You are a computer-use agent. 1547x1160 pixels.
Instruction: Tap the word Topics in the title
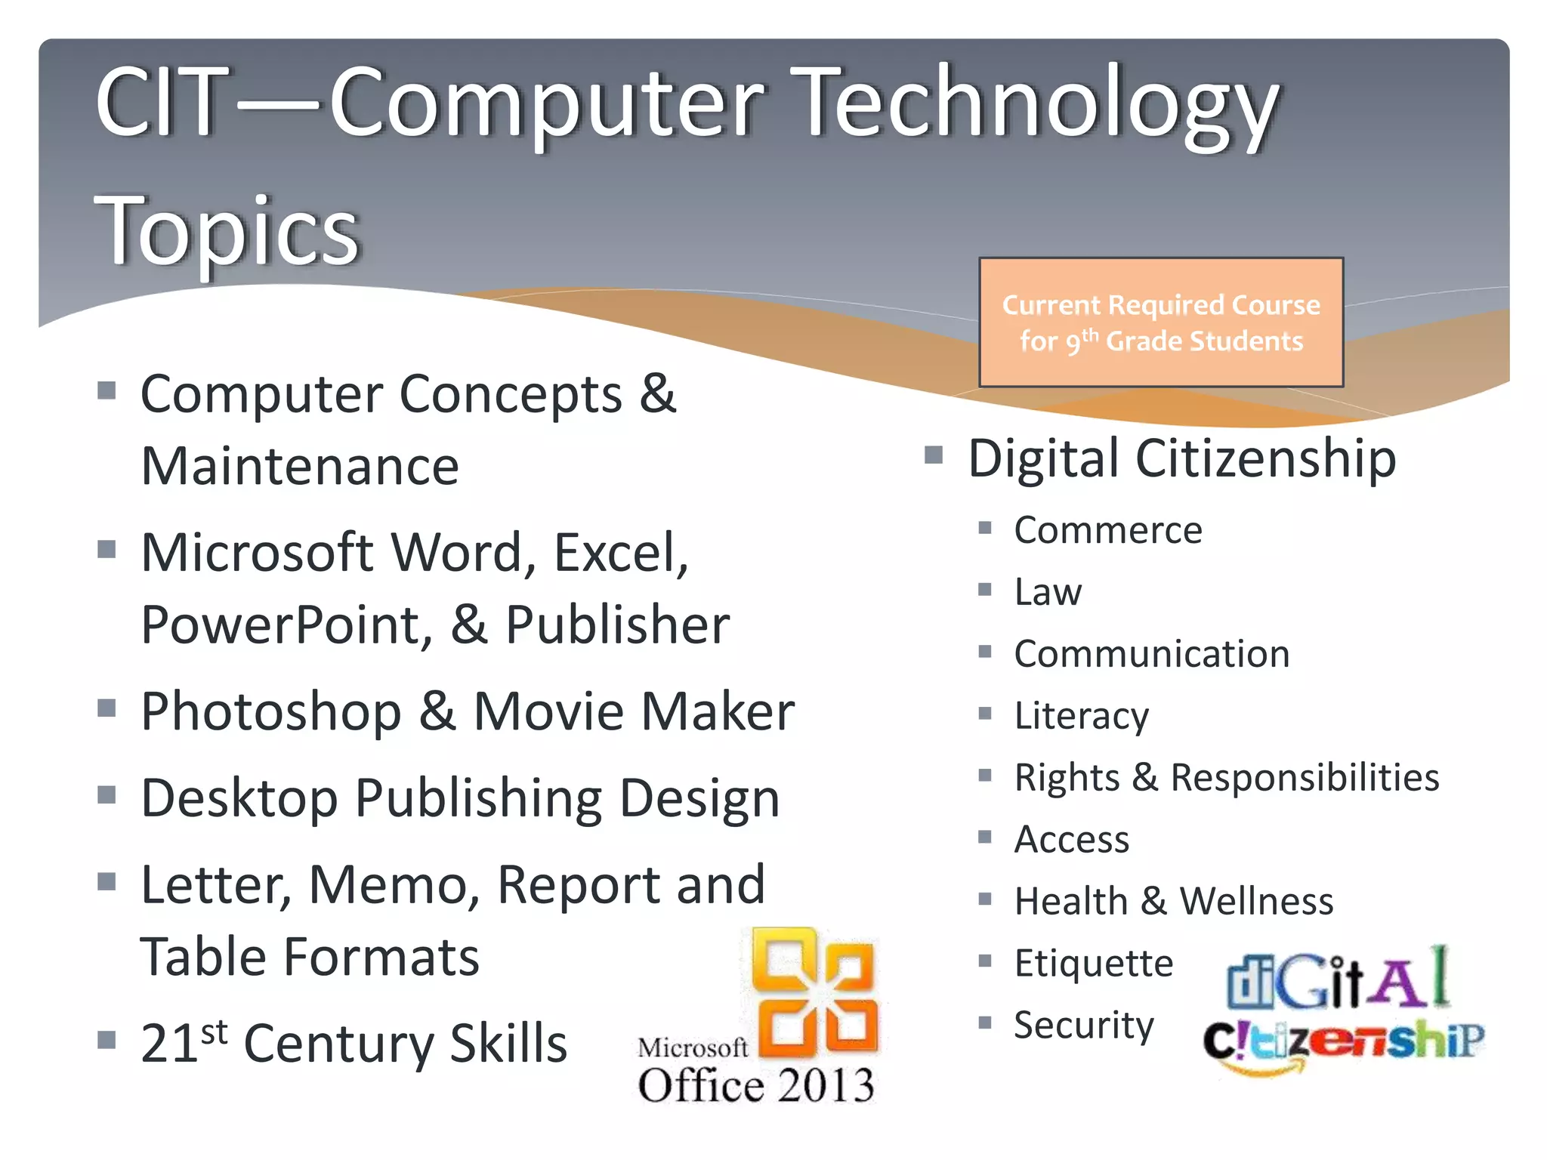(227, 230)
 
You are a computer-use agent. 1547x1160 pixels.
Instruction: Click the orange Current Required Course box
(1161, 322)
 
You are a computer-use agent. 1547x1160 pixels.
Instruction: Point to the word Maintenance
(300, 466)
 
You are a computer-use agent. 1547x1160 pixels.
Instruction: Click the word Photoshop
(271, 711)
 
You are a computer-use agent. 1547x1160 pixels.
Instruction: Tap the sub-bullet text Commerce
(1107, 530)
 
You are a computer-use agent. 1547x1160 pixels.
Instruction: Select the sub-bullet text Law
(1048, 592)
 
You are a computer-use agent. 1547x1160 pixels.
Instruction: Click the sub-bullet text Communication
(1151, 654)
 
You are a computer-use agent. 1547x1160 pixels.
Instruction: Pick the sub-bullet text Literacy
(1081, 716)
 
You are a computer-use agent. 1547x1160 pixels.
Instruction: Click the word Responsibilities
(1305, 777)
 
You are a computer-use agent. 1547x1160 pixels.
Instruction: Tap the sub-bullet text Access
(1071, 839)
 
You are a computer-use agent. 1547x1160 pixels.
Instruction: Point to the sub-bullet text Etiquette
(1093, 963)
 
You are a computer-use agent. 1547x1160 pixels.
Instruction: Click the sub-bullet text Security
(1083, 1025)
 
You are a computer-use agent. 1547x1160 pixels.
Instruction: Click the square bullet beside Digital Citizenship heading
(934, 455)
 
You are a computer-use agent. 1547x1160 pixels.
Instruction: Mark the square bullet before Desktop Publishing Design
(107, 795)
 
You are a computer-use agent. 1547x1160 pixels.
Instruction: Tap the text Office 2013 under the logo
(756, 1085)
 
